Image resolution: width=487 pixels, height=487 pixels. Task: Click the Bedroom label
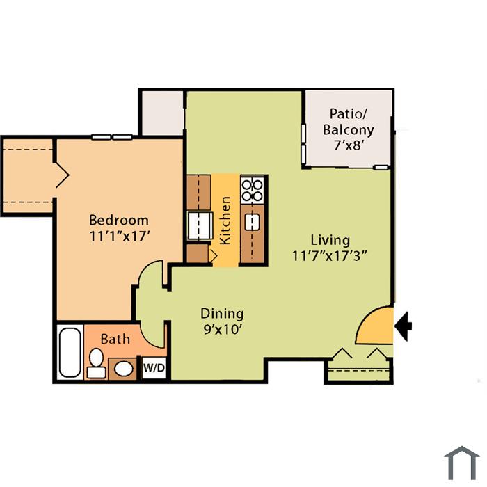pyautogui.click(x=119, y=221)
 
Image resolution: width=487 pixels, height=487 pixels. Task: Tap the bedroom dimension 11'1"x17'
pyautogui.click(x=120, y=237)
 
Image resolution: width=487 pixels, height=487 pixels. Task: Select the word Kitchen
pyautogui.click(x=225, y=221)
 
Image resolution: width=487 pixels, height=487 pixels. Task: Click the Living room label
pyautogui.click(x=330, y=240)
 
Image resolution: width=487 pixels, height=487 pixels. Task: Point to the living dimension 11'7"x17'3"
pyautogui.click(x=330, y=256)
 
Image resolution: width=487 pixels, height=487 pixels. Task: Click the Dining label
pyautogui.click(x=222, y=314)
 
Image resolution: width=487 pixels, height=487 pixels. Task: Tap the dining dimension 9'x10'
pyautogui.click(x=223, y=329)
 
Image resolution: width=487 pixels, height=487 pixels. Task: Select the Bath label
pyautogui.click(x=115, y=339)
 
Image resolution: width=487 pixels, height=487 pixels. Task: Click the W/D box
pyautogui.click(x=154, y=368)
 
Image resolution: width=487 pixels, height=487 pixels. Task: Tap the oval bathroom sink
pyautogui.click(x=124, y=369)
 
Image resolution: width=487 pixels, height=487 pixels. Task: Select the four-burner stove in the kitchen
pyautogui.click(x=252, y=191)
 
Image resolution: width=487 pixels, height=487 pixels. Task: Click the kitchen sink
pyautogui.click(x=252, y=223)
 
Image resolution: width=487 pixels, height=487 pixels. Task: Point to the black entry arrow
pyautogui.click(x=403, y=326)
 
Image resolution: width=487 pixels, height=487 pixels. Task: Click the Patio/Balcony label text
pyautogui.click(x=348, y=122)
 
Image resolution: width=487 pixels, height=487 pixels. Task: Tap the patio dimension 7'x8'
pyautogui.click(x=348, y=145)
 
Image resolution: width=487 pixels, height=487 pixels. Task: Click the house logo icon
pyautogui.click(x=462, y=464)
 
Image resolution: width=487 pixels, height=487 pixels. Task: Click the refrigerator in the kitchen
pyautogui.click(x=200, y=225)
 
